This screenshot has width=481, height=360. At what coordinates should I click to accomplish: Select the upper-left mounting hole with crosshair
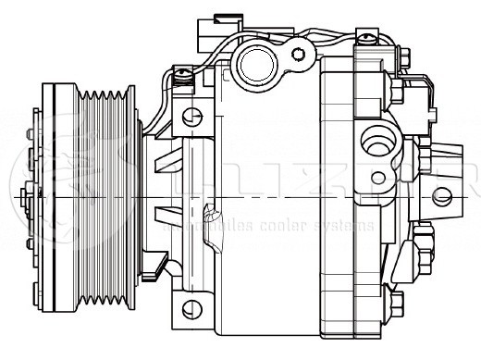coord(191,117)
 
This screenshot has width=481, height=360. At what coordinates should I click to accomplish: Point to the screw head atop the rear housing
coord(367,38)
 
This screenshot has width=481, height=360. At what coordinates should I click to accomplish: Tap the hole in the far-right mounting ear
coord(442,195)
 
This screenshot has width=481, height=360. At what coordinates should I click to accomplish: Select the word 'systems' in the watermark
coord(347,225)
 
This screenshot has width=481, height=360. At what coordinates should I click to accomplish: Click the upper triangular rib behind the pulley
coord(166,166)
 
